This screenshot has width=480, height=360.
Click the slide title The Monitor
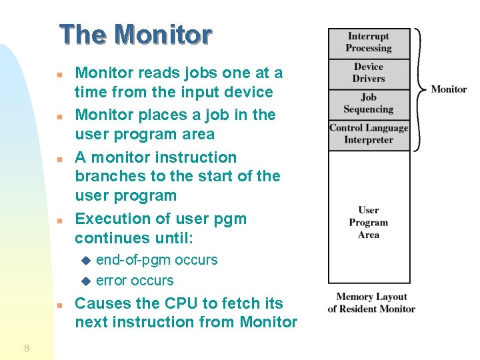pos(135,35)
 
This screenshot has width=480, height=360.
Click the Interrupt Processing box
pos(368,43)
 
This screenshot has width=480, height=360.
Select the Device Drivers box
pos(368,73)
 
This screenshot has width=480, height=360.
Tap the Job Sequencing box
pos(368,104)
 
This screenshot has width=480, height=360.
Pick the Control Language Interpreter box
pos(368,134)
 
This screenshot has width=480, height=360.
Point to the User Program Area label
pos(368,223)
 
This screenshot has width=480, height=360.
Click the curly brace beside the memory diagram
pos(419,89)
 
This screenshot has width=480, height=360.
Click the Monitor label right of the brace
pos(449,89)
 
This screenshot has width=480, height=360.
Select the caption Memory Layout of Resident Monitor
pos(371,303)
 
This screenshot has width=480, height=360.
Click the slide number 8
pos(26,347)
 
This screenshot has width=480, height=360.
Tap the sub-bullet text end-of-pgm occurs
pos(157,260)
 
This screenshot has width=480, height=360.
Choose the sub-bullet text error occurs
pos(135,281)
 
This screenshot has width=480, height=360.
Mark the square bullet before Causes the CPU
pos(59,305)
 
